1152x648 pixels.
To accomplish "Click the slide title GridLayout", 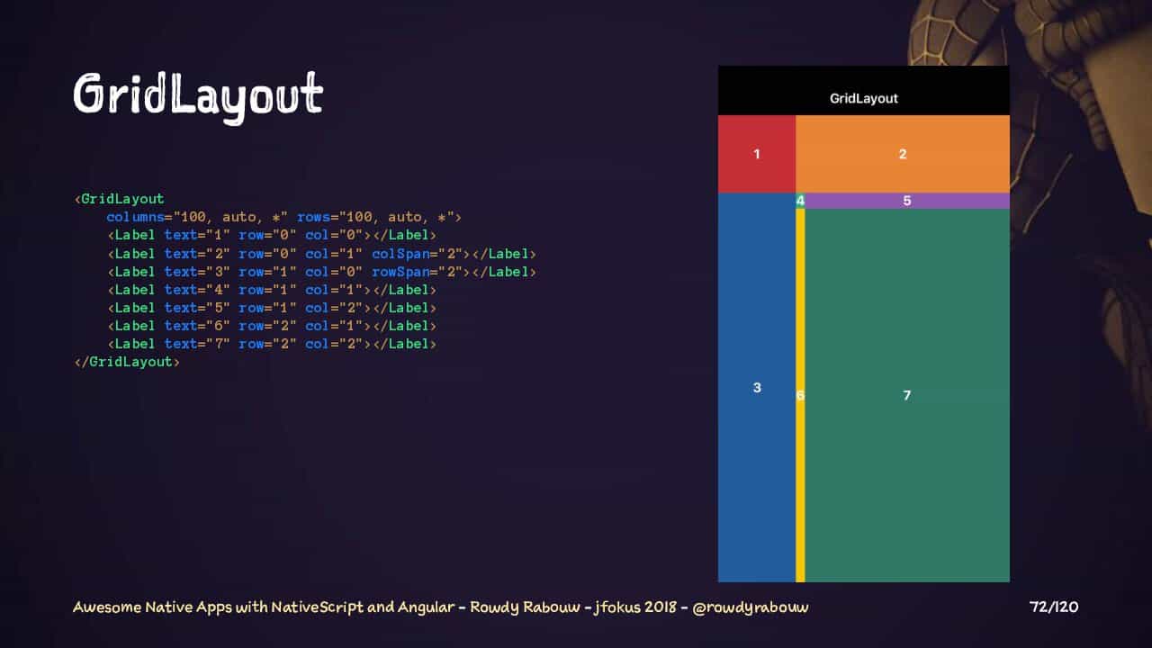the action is click(198, 96).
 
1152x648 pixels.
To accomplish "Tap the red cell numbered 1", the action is click(757, 154).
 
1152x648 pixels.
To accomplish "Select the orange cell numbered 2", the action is click(903, 154).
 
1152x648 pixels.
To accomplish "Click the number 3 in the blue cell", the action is click(757, 387).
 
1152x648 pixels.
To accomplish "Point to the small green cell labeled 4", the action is click(800, 201).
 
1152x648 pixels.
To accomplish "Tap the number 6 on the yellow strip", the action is click(800, 395).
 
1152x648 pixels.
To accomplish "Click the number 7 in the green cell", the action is click(906, 395).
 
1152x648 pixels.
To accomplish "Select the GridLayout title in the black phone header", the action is click(863, 98).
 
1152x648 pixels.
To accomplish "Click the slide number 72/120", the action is click(1054, 607).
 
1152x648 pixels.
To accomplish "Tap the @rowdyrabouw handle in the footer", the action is click(751, 607).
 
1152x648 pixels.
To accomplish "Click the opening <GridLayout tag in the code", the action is click(120, 199).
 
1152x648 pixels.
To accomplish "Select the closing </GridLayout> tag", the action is click(127, 362).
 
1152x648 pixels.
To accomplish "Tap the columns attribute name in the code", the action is click(135, 217).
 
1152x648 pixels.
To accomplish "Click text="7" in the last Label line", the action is click(197, 344).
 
